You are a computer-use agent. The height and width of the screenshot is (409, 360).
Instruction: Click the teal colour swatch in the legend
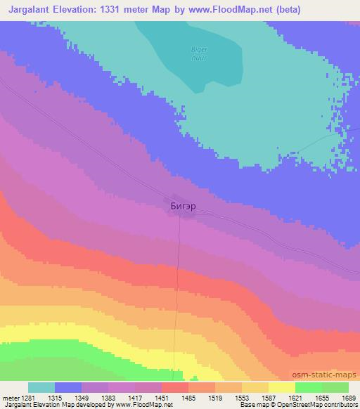click(x=41, y=387)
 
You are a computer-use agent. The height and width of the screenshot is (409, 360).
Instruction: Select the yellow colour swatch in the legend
click(x=282, y=387)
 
